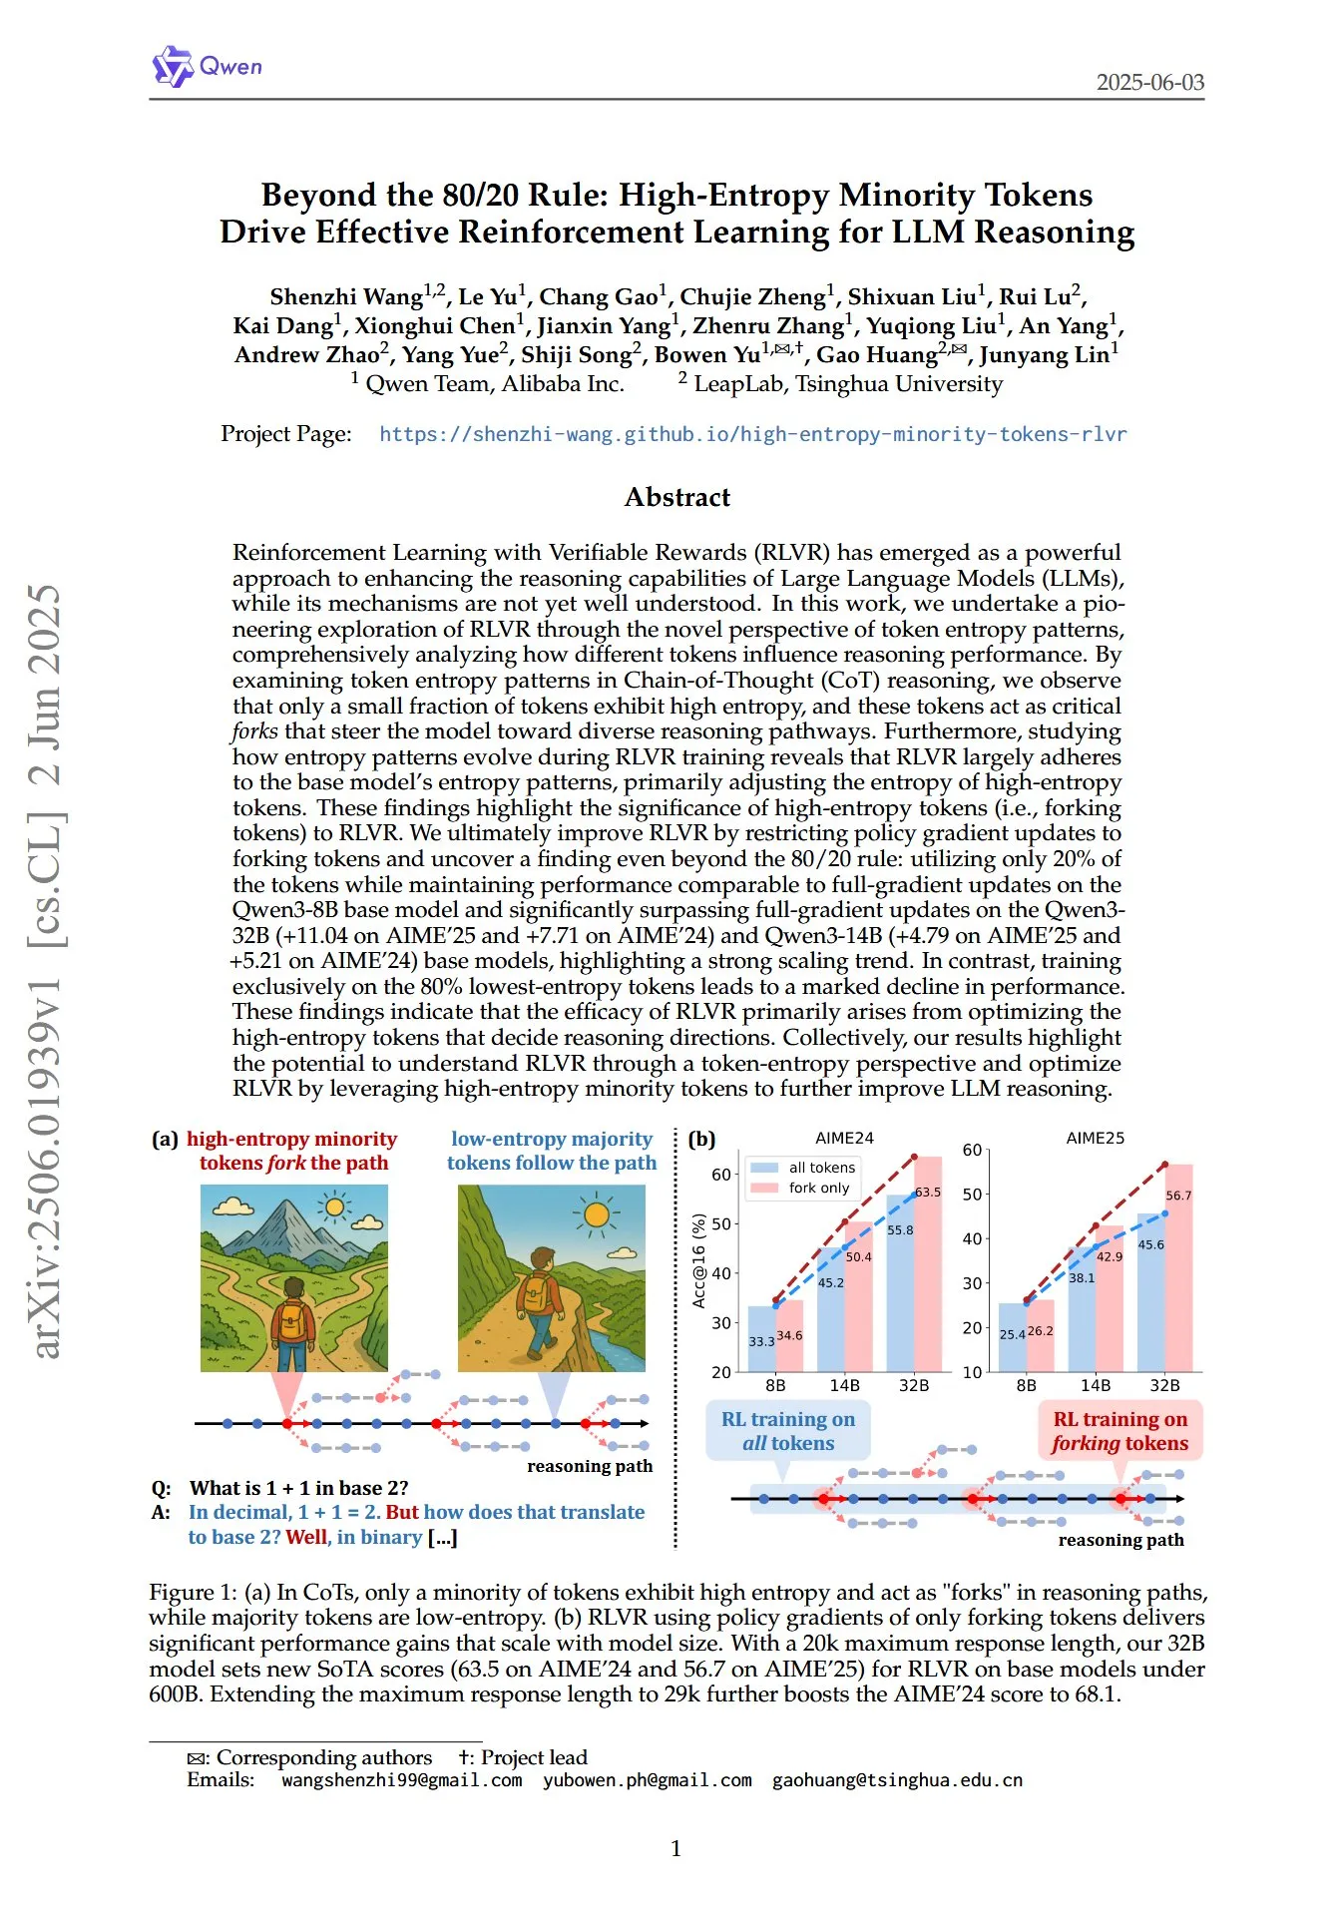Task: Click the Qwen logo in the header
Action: point(207,67)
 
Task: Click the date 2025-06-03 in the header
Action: point(1149,83)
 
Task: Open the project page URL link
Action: point(752,435)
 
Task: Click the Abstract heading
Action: point(676,497)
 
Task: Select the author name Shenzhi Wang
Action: point(346,297)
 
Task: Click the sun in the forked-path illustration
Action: point(334,1207)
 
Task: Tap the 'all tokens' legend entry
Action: point(821,1168)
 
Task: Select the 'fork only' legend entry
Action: point(818,1188)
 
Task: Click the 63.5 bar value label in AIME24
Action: point(928,1193)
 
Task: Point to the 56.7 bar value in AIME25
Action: point(1178,1196)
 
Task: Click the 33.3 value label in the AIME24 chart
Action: point(761,1341)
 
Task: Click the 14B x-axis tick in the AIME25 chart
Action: point(1095,1385)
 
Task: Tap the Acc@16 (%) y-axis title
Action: point(698,1261)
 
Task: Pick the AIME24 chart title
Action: point(844,1139)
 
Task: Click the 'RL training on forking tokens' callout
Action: point(1119,1431)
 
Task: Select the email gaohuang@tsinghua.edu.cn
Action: point(897,1780)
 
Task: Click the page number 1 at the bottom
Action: point(675,1848)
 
